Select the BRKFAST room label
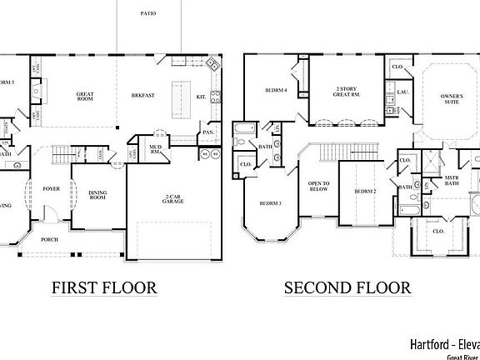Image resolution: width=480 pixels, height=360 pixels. click(x=143, y=97)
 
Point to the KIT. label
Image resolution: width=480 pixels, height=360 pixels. click(x=202, y=97)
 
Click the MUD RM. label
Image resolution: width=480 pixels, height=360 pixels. click(x=155, y=150)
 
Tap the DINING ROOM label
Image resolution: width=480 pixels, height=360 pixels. click(x=97, y=196)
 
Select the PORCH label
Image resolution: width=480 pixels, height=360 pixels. click(x=51, y=238)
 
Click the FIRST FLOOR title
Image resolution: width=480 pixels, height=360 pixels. click(x=104, y=288)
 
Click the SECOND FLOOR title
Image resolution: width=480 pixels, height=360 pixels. click(x=347, y=288)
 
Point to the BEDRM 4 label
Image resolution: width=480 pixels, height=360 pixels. click(x=277, y=91)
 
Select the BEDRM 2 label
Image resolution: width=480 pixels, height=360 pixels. click(x=366, y=192)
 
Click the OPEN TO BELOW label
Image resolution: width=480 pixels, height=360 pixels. click(x=319, y=187)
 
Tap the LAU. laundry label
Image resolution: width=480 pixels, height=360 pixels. click(x=402, y=92)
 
